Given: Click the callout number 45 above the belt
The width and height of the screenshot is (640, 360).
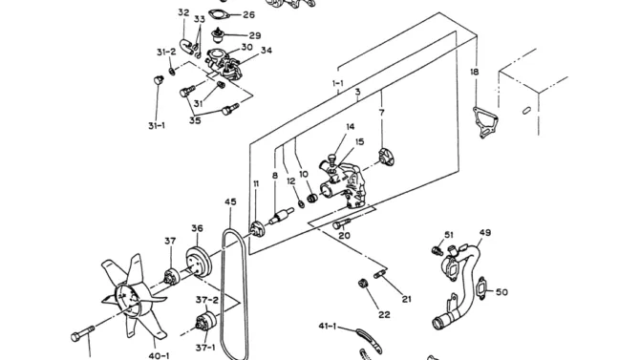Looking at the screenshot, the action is [x=230, y=201].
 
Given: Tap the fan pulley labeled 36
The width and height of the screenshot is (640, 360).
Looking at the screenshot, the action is [x=199, y=262].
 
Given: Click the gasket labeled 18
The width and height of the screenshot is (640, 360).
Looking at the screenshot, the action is [x=485, y=121].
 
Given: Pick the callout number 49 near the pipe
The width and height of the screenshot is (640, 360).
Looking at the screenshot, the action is [x=485, y=233].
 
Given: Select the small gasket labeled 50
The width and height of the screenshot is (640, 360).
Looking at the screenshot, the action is [x=482, y=288].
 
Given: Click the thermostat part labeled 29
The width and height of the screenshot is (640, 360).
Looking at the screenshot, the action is [x=218, y=35].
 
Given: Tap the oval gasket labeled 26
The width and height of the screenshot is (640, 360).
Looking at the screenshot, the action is [x=218, y=14].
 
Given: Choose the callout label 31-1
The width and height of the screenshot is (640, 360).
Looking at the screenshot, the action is [x=157, y=126].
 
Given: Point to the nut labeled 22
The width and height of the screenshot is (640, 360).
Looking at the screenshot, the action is [x=362, y=283].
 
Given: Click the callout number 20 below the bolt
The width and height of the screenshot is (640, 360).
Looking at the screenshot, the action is [x=345, y=236].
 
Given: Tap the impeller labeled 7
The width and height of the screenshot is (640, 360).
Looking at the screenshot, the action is [x=386, y=158].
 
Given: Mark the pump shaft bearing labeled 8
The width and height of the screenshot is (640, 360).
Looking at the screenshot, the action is [x=281, y=216].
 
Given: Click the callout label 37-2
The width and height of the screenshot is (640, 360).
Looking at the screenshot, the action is [x=207, y=300].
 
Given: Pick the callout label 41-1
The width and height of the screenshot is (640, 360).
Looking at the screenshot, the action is [x=328, y=326].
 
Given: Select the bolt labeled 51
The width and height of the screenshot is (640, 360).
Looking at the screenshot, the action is [x=437, y=250].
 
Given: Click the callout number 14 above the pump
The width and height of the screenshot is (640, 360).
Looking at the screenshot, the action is [x=351, y=127].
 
